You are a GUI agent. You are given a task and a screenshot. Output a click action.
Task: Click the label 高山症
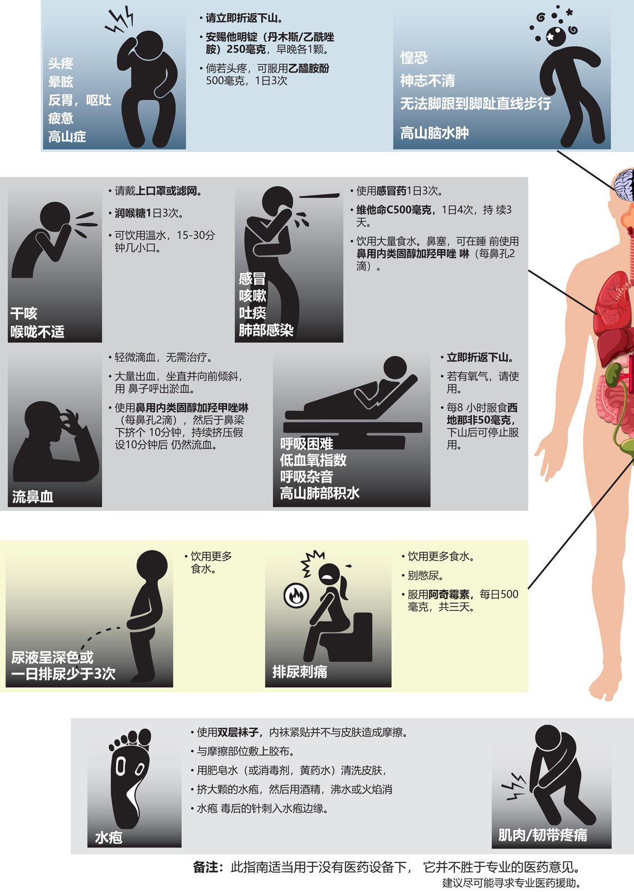(x=67, y=137)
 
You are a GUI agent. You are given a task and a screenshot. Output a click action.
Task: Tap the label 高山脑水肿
(x=434, y=132)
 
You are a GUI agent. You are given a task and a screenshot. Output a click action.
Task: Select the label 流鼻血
(x=33, y=497)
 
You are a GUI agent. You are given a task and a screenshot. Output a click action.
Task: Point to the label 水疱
(x=108, y=838)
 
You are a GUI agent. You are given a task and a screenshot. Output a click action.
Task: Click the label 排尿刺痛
(x=300, y=671)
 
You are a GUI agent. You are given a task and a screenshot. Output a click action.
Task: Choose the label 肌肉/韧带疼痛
(x=542, y=835)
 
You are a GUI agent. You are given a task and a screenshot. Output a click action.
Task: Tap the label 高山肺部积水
(x=319, y=493)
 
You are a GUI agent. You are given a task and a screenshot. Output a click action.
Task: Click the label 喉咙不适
(x=37, y=331)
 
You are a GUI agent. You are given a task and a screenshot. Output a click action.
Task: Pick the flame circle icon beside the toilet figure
(x=296, y=596)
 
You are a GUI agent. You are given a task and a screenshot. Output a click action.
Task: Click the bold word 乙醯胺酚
(x=309, y=68)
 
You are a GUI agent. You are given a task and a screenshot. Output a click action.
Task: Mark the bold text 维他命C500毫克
(x=393, y=210)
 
